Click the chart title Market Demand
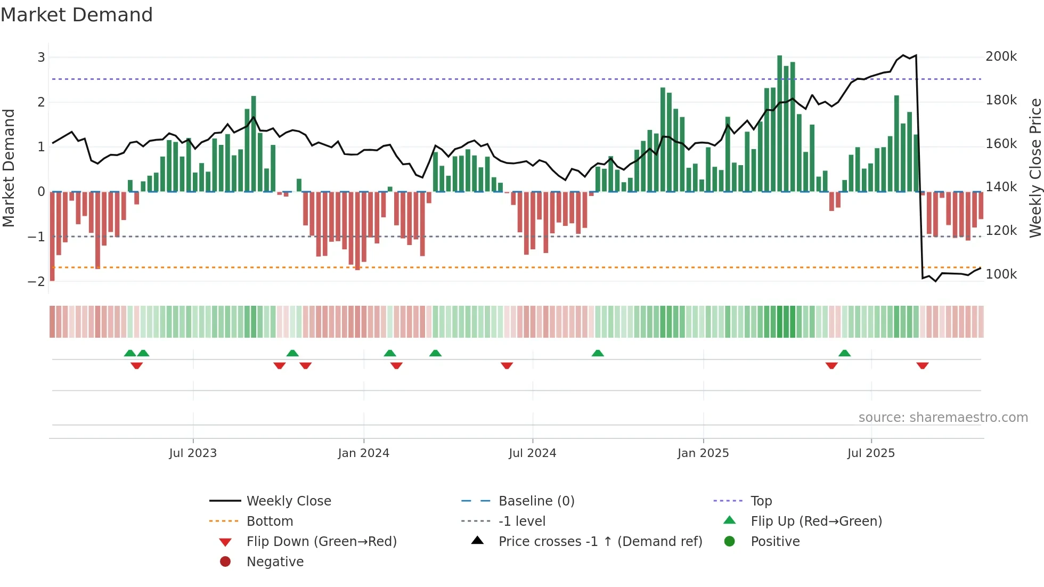[77, 15]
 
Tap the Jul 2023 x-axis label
[193, 453]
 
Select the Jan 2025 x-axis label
[703, 453]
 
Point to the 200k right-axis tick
[1001, 56]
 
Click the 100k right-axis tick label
[1001, 274]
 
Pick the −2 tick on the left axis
[37, 281]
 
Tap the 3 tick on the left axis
[41, 57]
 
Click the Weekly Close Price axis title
[1035, 168]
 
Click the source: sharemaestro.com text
[943, 418]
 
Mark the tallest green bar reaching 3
[780, 123]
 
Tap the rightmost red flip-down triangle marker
[923, 365]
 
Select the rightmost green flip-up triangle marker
[844, 353]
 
